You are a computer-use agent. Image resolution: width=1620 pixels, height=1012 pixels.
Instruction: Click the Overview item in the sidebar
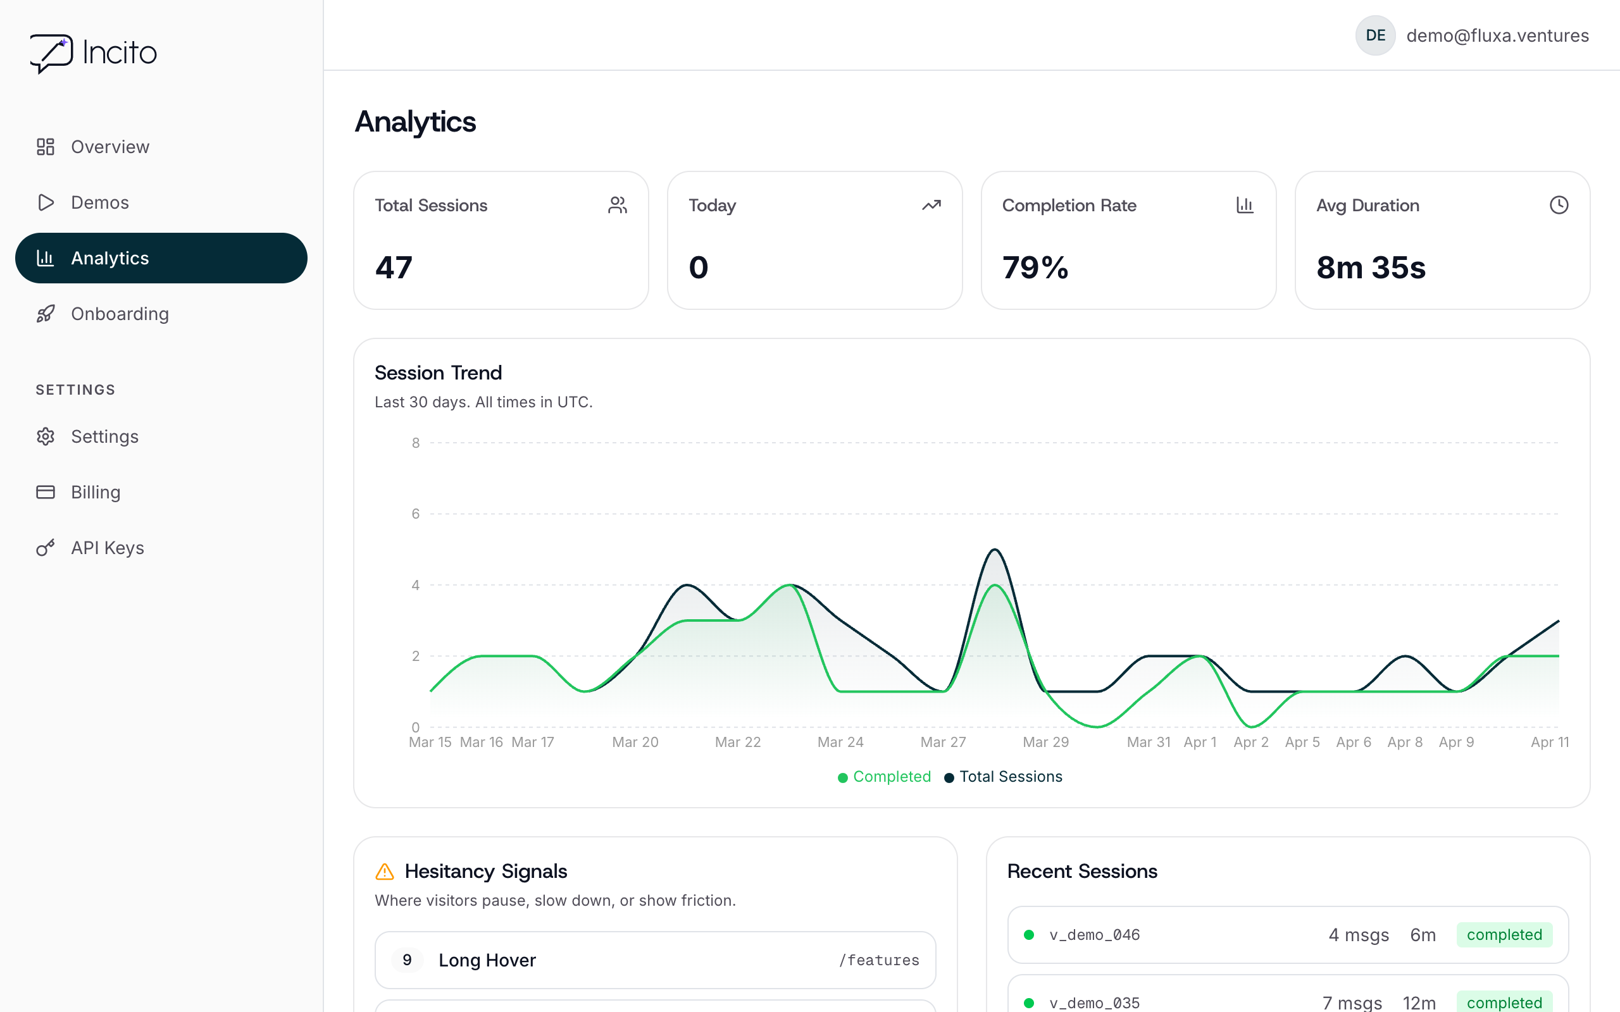tap(109, 147)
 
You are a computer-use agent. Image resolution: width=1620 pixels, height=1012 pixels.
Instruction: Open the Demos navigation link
tap(99, 202)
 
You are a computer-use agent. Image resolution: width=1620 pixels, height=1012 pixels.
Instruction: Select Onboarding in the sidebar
tap(119, 314)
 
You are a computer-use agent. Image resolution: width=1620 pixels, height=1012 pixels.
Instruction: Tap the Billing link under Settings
tap(95, 492)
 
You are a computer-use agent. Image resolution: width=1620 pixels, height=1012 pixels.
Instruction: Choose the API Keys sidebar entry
tap(107, 548)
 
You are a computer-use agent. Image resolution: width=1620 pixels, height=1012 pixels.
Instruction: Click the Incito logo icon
tap(51, 53)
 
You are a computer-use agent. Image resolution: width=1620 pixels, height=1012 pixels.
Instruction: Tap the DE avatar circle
tap(1375, 35)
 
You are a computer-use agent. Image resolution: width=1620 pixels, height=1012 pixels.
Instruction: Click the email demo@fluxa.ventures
tap(1497, 35)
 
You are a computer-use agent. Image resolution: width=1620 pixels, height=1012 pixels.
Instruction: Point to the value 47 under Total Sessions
tap(394, 268)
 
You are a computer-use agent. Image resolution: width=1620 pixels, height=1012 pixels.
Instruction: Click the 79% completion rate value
tap(1035, 268)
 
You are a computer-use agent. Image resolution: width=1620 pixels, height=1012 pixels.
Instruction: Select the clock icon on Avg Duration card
tap(1559, 205)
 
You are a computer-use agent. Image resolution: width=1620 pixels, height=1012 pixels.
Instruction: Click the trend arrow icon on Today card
tap(931, 205)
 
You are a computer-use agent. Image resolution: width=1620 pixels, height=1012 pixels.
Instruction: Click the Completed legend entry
tap(884, 777)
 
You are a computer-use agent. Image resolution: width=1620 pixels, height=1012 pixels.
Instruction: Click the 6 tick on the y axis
tap(416, 514)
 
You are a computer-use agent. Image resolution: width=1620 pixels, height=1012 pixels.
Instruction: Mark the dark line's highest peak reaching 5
tap(995, 550)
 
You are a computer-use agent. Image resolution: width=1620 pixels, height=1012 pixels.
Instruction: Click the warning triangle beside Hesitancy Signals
tap(385, 872)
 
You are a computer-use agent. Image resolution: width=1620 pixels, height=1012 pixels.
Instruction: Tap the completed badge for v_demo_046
tap(1504, 935)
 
